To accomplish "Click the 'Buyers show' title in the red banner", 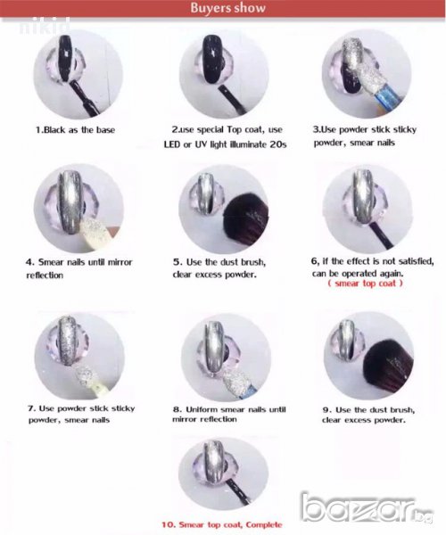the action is click(228, 8).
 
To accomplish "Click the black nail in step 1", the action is click(65, 59).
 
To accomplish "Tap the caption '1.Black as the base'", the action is click(75, 130).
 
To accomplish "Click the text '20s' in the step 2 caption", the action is click(277, 144).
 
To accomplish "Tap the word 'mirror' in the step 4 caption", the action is click(120, 262).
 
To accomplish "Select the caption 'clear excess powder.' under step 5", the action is click(214, 275).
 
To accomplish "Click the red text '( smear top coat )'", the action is click(365, 284).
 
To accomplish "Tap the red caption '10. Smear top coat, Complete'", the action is click(222, 525).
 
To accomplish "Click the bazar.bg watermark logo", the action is click(367, 507).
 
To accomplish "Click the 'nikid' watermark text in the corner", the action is click(45, 26).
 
